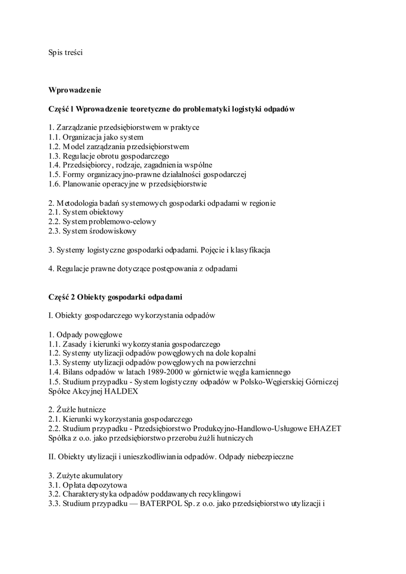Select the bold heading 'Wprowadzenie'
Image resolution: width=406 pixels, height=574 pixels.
[75, 90]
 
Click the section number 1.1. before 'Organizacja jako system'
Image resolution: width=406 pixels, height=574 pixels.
[54, 137]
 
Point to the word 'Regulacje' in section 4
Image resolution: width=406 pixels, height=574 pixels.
[72, 269]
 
